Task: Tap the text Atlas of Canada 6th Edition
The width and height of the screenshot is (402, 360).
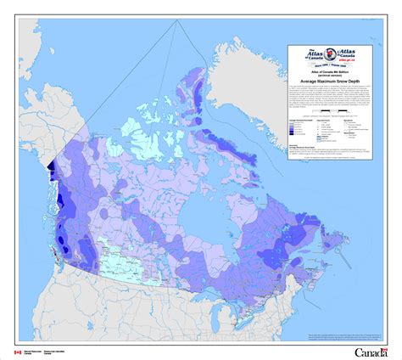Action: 333,72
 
